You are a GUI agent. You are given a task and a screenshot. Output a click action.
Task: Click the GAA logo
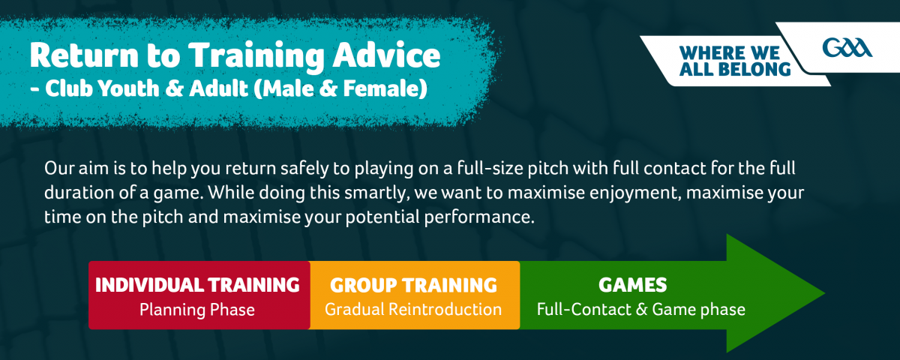847,48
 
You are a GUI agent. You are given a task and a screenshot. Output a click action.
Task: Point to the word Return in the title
83,55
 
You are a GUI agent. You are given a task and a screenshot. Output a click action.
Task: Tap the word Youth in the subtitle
128,88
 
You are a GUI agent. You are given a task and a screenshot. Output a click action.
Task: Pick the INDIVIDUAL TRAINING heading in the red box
197,285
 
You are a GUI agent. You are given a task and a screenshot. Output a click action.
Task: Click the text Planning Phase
196,310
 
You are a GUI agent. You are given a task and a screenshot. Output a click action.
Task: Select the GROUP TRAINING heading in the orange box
413,285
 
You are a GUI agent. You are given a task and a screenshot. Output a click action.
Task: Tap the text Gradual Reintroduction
413,309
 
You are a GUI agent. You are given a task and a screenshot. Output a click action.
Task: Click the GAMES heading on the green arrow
632,285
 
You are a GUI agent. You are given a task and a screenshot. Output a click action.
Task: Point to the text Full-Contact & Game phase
640,309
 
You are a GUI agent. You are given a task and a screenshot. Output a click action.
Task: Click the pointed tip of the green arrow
824,293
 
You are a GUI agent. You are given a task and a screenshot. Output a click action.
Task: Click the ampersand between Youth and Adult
174,88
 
